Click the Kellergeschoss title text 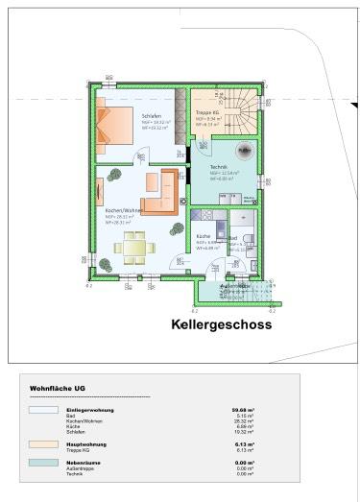click(221, 324)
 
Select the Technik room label click(219, 167)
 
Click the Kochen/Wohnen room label click(125, 210)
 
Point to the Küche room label click(204, 236)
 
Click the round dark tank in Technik click(244, 149)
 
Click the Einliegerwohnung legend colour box click(43, 409)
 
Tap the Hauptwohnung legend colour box click(43, 444)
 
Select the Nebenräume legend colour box click(43, 464)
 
